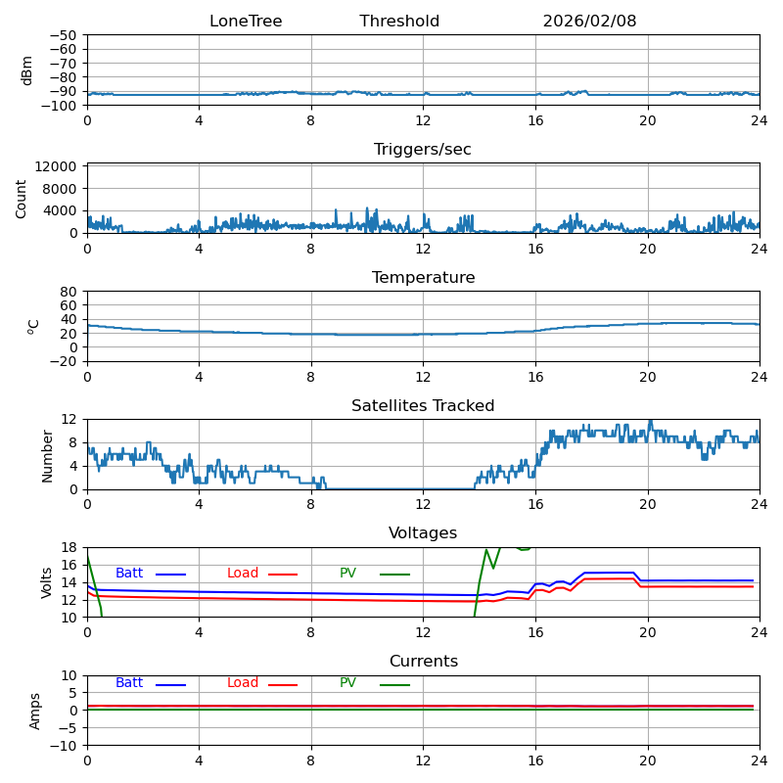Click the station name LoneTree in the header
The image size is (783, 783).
click(x=246, y=22)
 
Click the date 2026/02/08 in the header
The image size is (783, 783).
click(x=589, y=22)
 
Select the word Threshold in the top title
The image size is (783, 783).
click(x=399, y=22)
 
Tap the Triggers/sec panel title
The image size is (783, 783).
click(x=423, y=150)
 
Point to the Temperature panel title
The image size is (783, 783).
click(x=423, y=278)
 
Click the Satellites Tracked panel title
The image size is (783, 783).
click(x=423, y=406)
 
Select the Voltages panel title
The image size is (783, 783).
click(x=423, y=533)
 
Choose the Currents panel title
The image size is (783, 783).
click(x=423, y=662)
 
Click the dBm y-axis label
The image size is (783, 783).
click(x=27, y=70)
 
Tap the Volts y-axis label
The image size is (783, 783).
click(x=47, y=582)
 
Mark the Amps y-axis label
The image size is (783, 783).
click(x=35, y=711)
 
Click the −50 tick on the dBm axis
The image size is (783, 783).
click(x=64, y=35)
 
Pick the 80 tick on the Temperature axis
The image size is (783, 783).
click(x=69, y=292)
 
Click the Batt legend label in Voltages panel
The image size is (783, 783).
click(x=129, y=574)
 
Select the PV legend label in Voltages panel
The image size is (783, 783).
click(x=347, y=574)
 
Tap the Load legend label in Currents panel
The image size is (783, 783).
click(x=243, y=683)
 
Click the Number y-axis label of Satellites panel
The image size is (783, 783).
click(x=47, y=454)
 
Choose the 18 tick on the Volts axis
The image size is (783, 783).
click(x=69, y=547)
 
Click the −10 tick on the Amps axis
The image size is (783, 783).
click(x=64, y=746)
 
